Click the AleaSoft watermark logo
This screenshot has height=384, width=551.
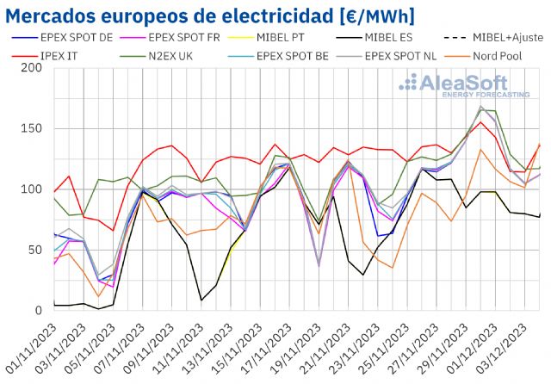click(x=464, y=86)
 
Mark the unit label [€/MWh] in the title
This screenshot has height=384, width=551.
click(x=359, y=16)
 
